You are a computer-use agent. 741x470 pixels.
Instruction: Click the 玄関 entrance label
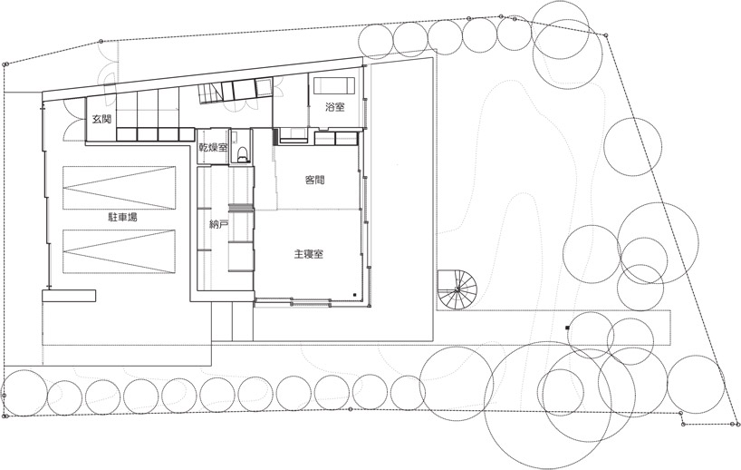coord(101,120)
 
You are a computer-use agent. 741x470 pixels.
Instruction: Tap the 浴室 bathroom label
coord(335,108)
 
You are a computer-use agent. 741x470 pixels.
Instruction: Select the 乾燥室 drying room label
coord(213,147)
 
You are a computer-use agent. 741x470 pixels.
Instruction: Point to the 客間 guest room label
coord(315,181)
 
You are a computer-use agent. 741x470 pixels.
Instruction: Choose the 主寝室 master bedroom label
coord(309,254)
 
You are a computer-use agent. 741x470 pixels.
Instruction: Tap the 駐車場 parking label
coord(120,218)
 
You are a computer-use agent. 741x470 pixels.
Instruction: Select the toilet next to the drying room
coord(242,151)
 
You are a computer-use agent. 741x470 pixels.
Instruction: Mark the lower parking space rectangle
coord(120,252)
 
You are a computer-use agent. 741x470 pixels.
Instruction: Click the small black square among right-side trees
coord(567,327)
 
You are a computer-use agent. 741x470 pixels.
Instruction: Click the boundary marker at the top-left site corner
coord(5,64)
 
